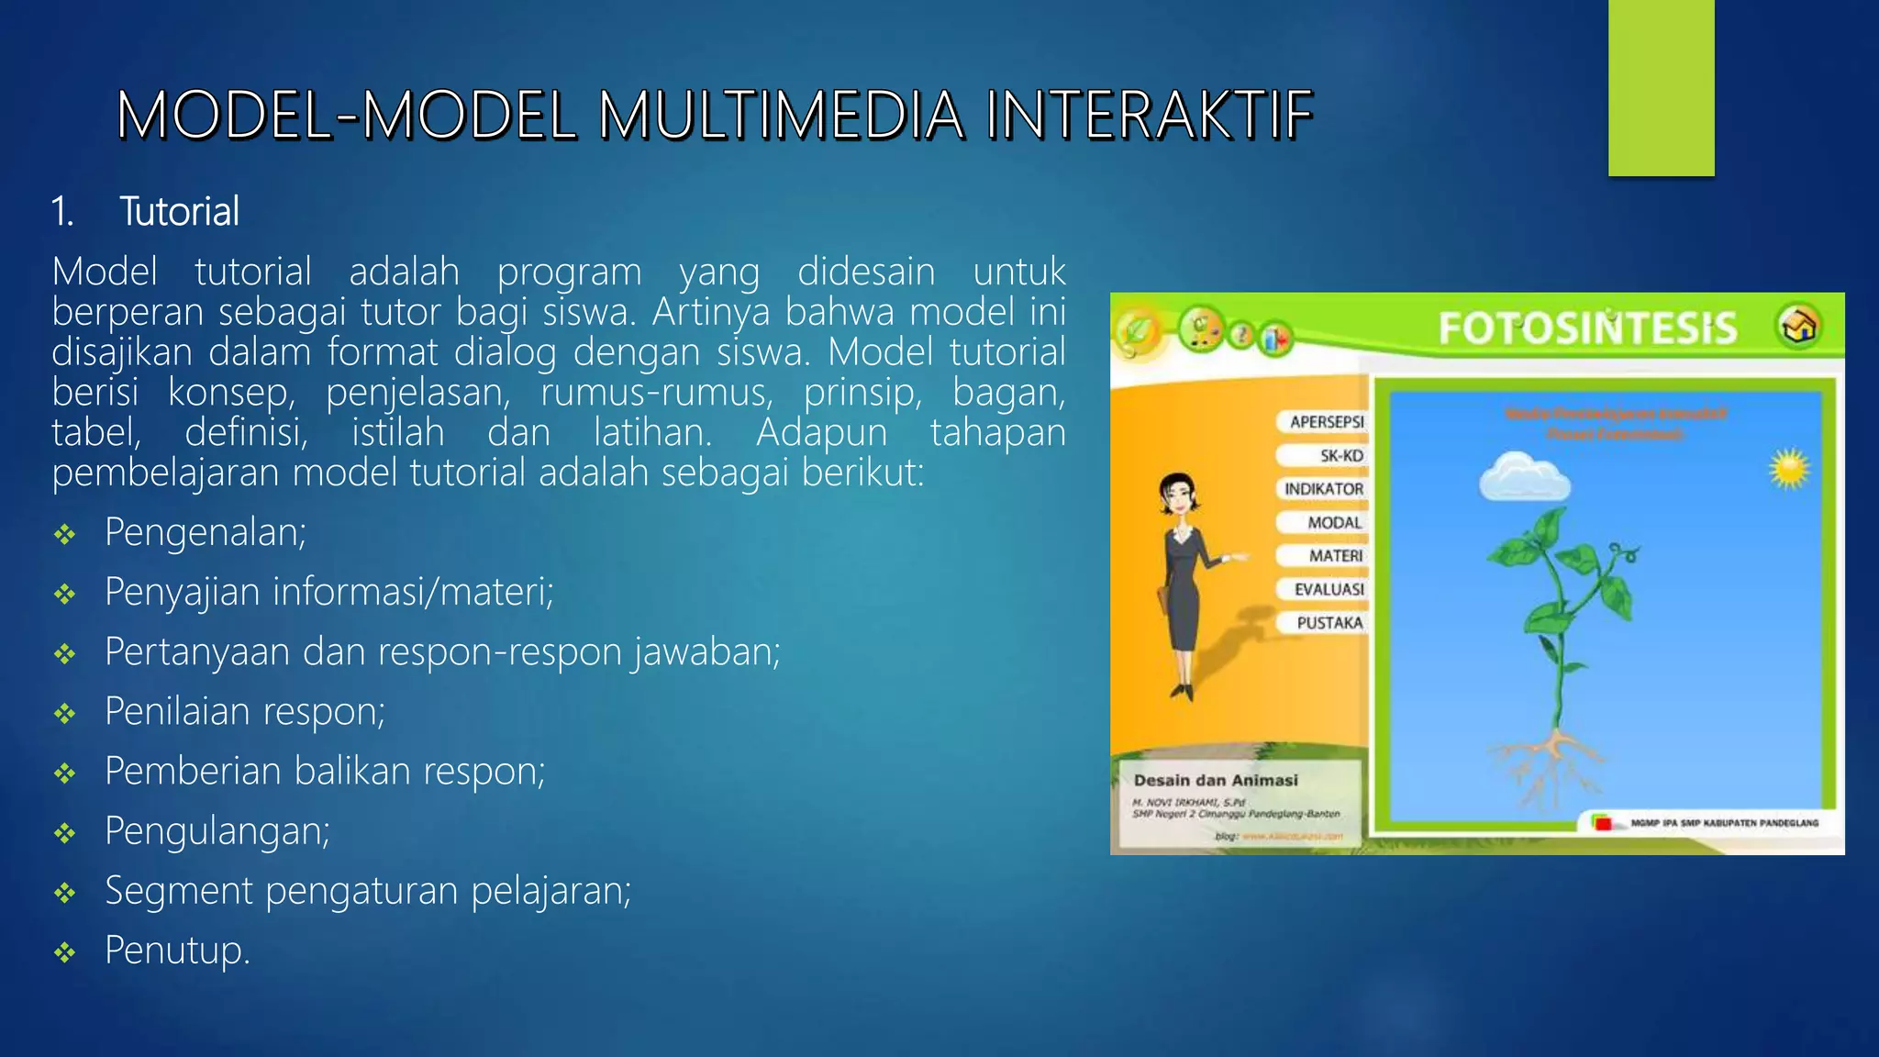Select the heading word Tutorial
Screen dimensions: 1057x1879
(x=180, y=212)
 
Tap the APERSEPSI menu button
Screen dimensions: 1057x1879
(x=1326, y=422)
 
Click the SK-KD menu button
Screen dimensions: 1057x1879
(x=1340, y=456)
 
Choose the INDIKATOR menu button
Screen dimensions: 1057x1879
(x=1323, y=489)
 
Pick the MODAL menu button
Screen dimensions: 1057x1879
(x=1334, y=523)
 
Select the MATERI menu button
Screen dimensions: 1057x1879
(x=1335, y=556)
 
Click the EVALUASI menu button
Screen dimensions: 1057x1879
(x=1329, y=589)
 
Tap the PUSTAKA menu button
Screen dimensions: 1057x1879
(x=1329, y=623)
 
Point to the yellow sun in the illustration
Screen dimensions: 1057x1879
(x=1789, y=470)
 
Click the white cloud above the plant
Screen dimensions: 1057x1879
(x=1523, y=476)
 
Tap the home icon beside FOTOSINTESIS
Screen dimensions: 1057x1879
(x=1799, y=326)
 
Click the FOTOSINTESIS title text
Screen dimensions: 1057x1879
(x=1587, y=328)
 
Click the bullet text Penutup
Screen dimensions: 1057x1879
(x=177, y=950)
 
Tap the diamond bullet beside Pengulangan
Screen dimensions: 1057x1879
(x=64, y=833)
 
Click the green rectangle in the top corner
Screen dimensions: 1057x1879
(x=1661, y=87)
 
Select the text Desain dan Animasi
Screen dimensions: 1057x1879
(x=1216, y=781)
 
